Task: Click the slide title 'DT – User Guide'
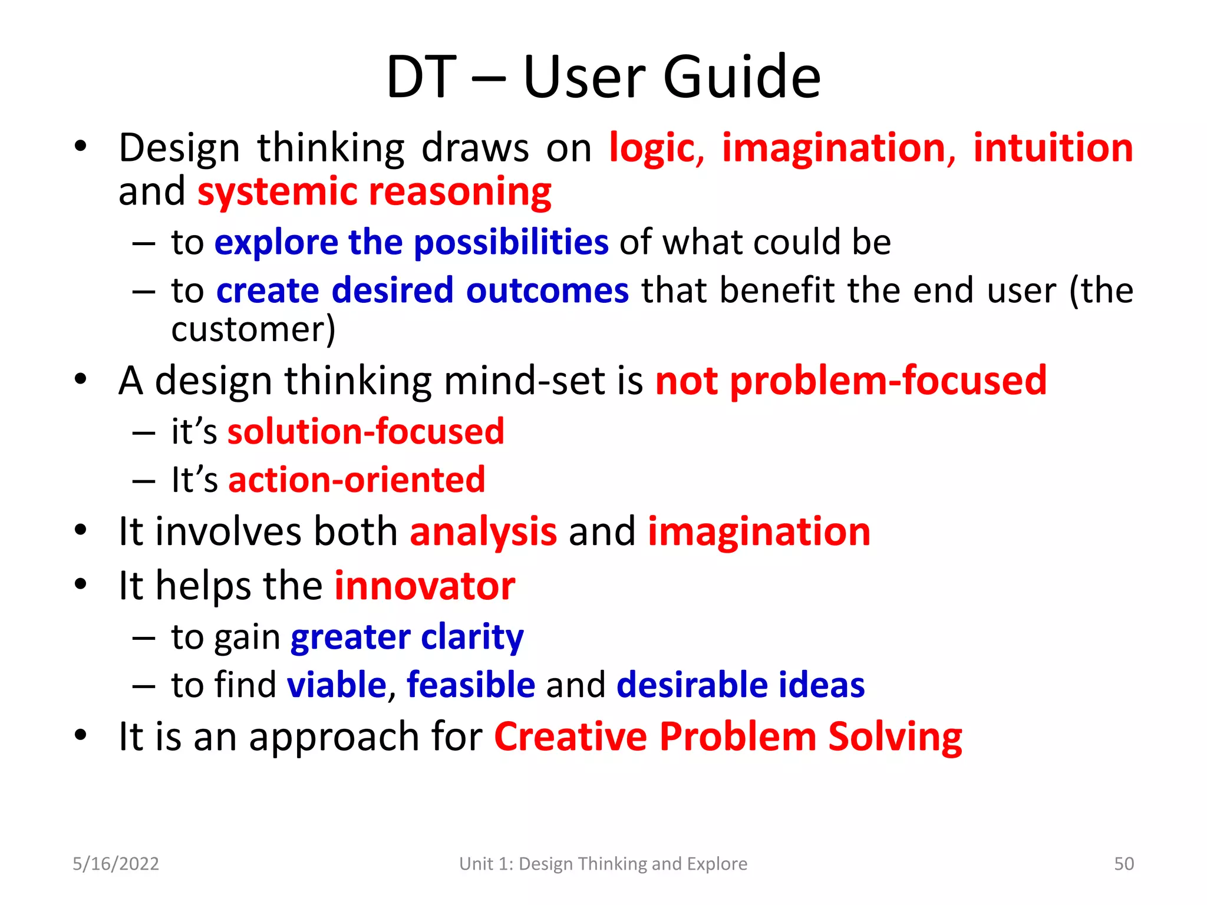[x=603, y=77]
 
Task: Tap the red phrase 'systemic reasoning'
[x=374, y=192]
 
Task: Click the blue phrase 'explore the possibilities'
[x=411, y=242]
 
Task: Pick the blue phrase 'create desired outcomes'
[x=423, y=290]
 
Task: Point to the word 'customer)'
[x=253, y=329]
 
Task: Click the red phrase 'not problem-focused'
[x=850, y=381]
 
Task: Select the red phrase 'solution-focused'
[x=365, y=431]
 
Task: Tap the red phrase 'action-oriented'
[x=357, y=480]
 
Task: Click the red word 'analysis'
[x=483, y=531]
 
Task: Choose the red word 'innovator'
[x=424, y=586]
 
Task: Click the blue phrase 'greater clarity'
[x=407, y=637]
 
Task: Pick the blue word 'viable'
[x=337, y=685]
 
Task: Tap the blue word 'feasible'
[x=470, y=685]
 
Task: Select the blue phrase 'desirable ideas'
[x=740, y=685]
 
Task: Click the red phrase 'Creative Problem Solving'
[x=728, y=736]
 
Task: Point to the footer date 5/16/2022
[x=116, y=864]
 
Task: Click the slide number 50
[x=1123, y=864]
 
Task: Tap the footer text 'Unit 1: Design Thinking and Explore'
[x=603, y=864]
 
